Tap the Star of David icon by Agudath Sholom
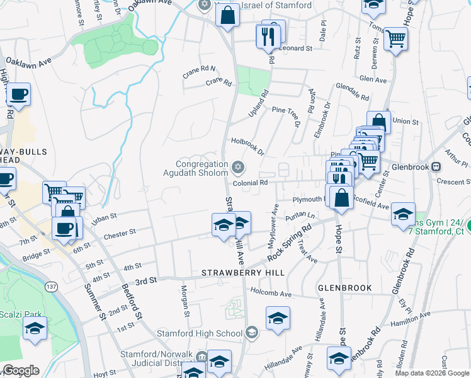coord(237,167)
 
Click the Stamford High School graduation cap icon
coord(251,333)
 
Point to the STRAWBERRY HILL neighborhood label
coord(242,272)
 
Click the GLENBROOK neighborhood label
coord(344,287)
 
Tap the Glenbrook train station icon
coord(436,168)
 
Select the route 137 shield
coord(52,287)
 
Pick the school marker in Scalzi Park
coord(35,328)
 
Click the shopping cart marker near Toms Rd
coord(395,40)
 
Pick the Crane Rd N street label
coord(199,69)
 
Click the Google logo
coord(21,370)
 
